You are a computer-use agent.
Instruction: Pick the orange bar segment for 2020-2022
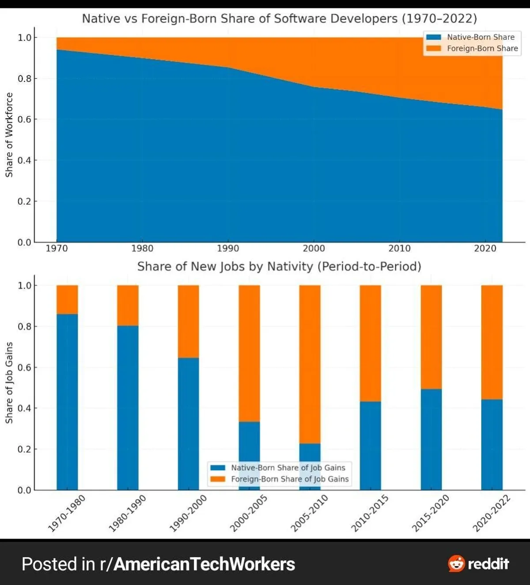click(x=492, y=342)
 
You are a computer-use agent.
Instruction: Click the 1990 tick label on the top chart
click(x=228, y=249)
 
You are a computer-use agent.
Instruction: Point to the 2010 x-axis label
click(x=399, y=249)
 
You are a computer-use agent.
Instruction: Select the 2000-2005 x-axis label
click(x=249, y=513)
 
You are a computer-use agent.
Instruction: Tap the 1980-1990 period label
click(x=128, y=513)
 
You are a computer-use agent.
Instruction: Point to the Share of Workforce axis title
click(x=9, y=135)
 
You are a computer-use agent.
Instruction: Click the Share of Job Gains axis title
click(x=9, y=382)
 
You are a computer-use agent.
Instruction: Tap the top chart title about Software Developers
click(x=279, y=19)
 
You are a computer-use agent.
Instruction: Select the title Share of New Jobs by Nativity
click(x=279, y=267)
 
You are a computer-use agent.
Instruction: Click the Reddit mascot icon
click(x=456, y=564)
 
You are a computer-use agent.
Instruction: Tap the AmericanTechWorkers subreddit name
click(x=204, y=564)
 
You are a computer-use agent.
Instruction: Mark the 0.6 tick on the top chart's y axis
click(x=24, y=119)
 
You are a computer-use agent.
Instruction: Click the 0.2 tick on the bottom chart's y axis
click(x=24, y=449)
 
